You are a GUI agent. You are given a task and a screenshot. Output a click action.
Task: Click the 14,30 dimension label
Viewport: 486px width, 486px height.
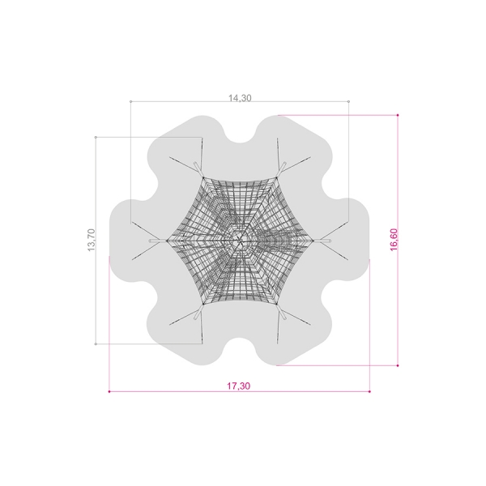click(240, 98)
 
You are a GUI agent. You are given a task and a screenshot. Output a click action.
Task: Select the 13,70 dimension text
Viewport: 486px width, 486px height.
click(92, 240)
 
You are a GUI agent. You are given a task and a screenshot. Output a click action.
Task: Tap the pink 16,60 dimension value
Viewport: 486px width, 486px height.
click(394, 240)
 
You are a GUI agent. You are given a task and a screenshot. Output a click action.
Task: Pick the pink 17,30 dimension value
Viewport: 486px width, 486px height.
click(238, 386)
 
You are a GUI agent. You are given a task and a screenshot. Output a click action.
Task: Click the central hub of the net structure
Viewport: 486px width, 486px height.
click(240, 241)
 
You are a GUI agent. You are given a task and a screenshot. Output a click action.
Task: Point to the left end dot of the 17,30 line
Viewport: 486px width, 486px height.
click(109, 391)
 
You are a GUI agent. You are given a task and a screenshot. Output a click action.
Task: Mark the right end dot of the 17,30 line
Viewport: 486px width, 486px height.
click(369, 391)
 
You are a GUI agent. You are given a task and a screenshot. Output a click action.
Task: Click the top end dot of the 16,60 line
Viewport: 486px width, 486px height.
click(398, 115)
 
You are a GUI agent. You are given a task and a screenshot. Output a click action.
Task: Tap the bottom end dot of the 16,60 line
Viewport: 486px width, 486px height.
click(398, 365)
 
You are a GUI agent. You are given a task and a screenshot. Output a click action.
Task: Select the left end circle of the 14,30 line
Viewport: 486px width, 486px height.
click(130, 101)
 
